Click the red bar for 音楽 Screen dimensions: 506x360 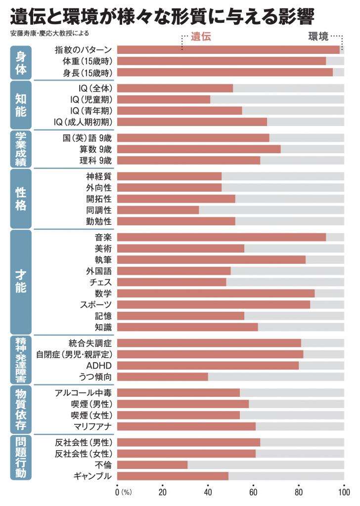(x=222, y=237)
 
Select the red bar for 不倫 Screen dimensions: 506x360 (x=152, y=464)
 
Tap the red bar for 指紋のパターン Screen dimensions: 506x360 (x=228, y=49)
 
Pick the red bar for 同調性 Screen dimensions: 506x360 (x=158, y=210)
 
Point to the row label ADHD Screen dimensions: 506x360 (x=99, y=365)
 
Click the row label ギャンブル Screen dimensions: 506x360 (x=92, y=476)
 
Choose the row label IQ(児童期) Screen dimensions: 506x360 (x=91, y=99)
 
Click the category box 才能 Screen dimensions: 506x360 (x=20, y=282)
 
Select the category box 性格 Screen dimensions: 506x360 (x=20, y=198)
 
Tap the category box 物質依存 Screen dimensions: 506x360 (x=20, y=409)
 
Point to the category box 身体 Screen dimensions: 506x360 (x=20, y=62)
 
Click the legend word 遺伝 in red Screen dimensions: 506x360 (x=200, y=37)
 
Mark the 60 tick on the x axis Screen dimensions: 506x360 (x=253, y=492)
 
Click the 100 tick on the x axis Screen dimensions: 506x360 (x=344, y=492)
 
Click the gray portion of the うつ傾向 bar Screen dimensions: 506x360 (x=276, y=377)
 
